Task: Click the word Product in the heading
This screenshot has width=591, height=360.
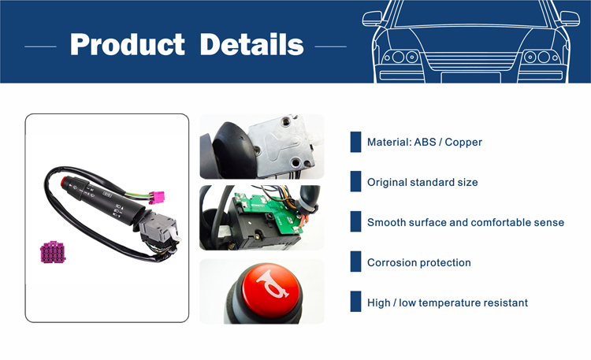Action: [128, 45]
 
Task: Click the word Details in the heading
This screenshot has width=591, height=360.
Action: [251, 44]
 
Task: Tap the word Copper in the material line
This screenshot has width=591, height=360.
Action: [463, 142]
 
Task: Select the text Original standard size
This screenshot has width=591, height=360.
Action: [422, 182]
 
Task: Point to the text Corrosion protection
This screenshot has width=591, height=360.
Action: [419, 262]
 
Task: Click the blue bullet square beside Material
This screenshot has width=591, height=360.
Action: [355, 142]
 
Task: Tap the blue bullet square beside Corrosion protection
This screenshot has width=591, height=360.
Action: [355, 262]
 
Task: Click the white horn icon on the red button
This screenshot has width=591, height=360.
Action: [272, 284]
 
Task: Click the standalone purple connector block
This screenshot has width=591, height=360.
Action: [53, 252]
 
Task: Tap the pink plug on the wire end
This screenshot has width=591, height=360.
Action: [157, 197]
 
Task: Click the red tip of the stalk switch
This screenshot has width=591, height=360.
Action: [63, 181]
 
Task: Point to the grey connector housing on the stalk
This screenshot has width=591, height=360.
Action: [158, 228]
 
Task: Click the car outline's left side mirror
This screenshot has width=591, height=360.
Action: [372, 18]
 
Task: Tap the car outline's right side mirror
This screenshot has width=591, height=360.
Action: [570, 18]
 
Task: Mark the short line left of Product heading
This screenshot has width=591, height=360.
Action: [40, 46]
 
